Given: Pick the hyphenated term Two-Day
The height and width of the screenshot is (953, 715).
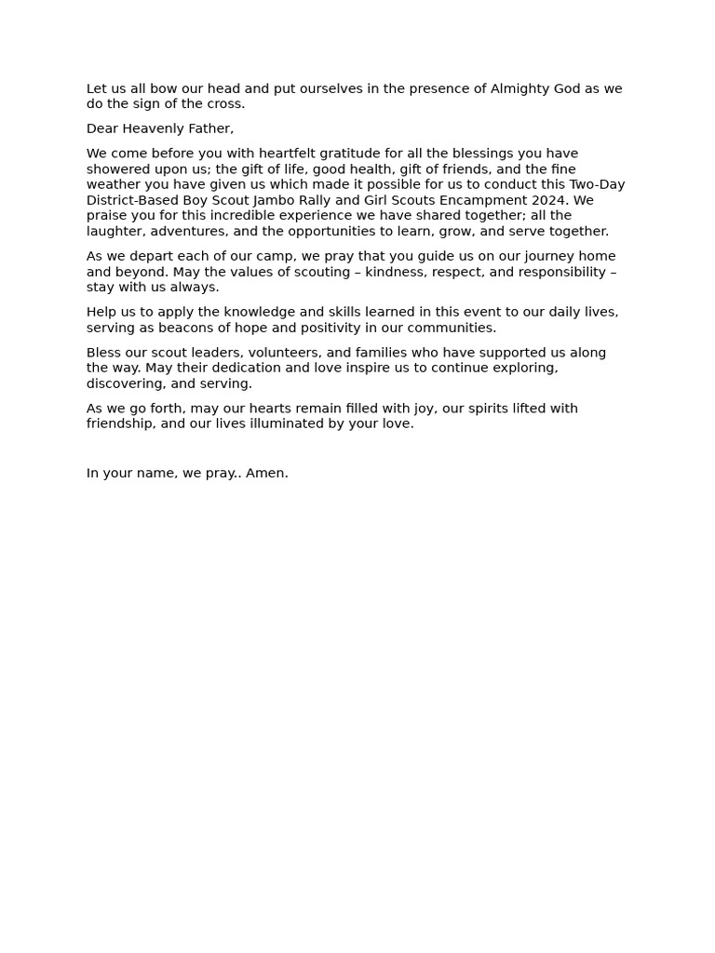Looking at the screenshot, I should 597,185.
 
